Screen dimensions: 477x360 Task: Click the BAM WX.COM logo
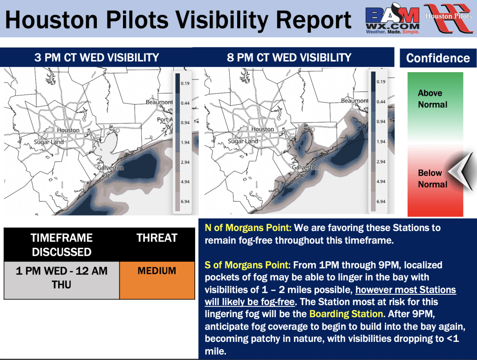(392, 19)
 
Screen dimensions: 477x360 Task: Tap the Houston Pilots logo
(449, 18)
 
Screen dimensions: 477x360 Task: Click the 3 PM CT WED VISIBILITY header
(96, 57)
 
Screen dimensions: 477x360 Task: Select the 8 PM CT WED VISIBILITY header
(289, 57)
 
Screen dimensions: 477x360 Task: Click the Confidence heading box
(438, 58)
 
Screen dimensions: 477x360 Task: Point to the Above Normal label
(432, 99)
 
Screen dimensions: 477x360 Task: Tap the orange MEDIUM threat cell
(157, 280)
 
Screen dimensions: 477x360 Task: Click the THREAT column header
(157, 238)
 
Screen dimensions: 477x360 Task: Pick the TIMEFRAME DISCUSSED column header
(62, 245)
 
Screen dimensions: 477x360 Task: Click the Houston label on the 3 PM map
(68, 130)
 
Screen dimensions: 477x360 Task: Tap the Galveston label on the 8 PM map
(305, 168)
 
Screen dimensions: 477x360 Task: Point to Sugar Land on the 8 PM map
(243, 142)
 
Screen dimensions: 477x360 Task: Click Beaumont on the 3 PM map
(159, 102)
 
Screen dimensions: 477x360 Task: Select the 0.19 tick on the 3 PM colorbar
(185, 83)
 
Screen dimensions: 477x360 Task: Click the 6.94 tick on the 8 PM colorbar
(381, 202)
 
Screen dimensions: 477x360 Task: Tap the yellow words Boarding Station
(346, 314)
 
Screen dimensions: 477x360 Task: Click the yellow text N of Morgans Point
(248, 228)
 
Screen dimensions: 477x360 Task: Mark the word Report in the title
(313, 20)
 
